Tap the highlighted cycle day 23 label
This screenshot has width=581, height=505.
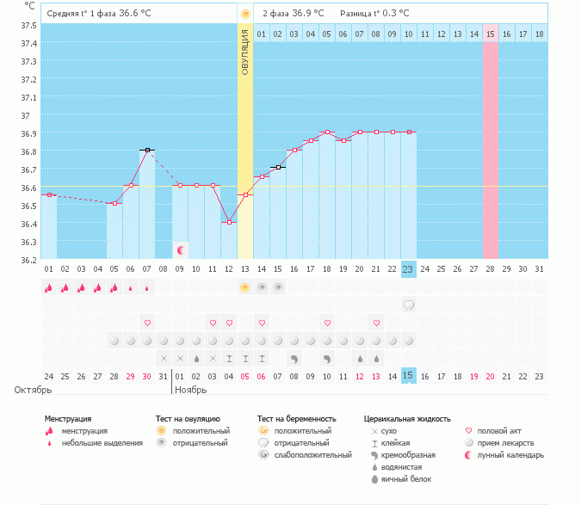(409, 268)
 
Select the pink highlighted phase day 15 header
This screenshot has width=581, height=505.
(491, 34)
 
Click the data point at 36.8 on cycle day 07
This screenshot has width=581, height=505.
(147, 150)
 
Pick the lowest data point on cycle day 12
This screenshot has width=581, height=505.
(229, 223)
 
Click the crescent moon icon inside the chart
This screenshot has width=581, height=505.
(181, 250)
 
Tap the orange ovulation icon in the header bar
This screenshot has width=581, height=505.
(245, 14)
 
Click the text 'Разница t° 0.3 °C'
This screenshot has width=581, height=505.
(374, 14)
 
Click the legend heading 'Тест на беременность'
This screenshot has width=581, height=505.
(298, 419)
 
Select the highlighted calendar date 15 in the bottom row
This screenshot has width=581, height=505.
(409, 376)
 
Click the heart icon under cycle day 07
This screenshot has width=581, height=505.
(147, 323)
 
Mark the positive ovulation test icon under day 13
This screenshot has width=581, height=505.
(245, 287)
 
